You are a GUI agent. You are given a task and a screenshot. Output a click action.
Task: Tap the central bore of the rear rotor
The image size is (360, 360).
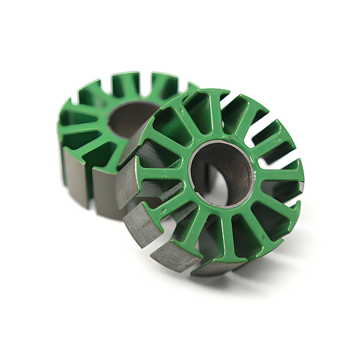coord(130,118)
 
